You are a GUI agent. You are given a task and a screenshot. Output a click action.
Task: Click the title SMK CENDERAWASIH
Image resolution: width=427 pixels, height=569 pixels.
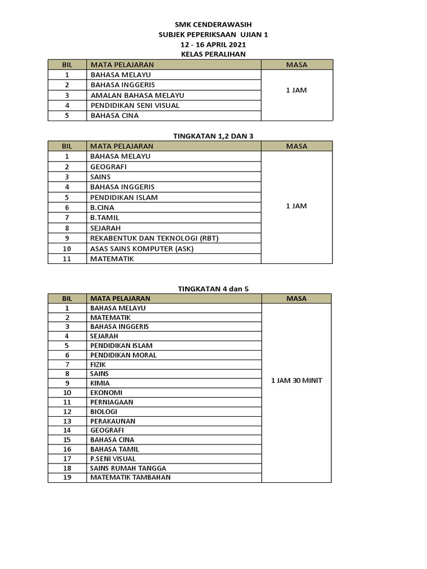pyautogui.click(x=213, y=25)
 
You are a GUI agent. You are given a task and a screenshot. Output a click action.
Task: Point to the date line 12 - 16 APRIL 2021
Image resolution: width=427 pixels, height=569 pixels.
pyautogui.click(x=213, y=44)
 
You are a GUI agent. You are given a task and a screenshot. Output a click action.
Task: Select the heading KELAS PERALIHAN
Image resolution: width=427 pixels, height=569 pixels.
pyautogui.click(x=213, y=54)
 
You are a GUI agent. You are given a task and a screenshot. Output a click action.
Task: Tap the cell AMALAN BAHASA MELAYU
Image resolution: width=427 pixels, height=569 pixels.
pyautogui.click(x=137, y=95)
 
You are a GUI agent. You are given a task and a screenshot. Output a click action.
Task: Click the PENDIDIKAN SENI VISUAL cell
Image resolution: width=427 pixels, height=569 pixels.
pyautogui.click(x=135, y=106)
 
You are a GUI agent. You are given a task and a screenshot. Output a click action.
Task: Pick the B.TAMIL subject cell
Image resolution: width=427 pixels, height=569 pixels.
pyautogui.click(x=105, y=218)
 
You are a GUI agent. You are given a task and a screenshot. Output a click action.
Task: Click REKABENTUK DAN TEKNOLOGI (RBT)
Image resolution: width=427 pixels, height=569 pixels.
pyautogui.click(x=155, y=238)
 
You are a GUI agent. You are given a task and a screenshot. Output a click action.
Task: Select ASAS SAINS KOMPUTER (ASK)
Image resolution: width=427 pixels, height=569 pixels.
pyautogui.click(x=142, y=248)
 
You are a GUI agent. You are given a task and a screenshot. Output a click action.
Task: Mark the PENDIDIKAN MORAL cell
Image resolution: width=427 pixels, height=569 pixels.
pyautogui.click(x=123, y=355)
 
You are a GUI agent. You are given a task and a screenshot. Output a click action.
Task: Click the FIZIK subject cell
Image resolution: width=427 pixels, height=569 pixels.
pyautogui.click(x=98, y=365)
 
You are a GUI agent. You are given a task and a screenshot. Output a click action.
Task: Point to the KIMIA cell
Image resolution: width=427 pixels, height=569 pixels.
pyautogui.click(x=100, y=383)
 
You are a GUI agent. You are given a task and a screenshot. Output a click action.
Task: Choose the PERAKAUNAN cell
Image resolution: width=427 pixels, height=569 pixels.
pyautogui.click(x=113, y=421)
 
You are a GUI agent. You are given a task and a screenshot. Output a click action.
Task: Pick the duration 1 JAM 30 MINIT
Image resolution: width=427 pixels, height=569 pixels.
pyautogui.click(x=296, y=381)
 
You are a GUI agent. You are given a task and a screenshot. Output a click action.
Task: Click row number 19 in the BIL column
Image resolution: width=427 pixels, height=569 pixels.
pyautogui.click(x=67, y=477)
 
